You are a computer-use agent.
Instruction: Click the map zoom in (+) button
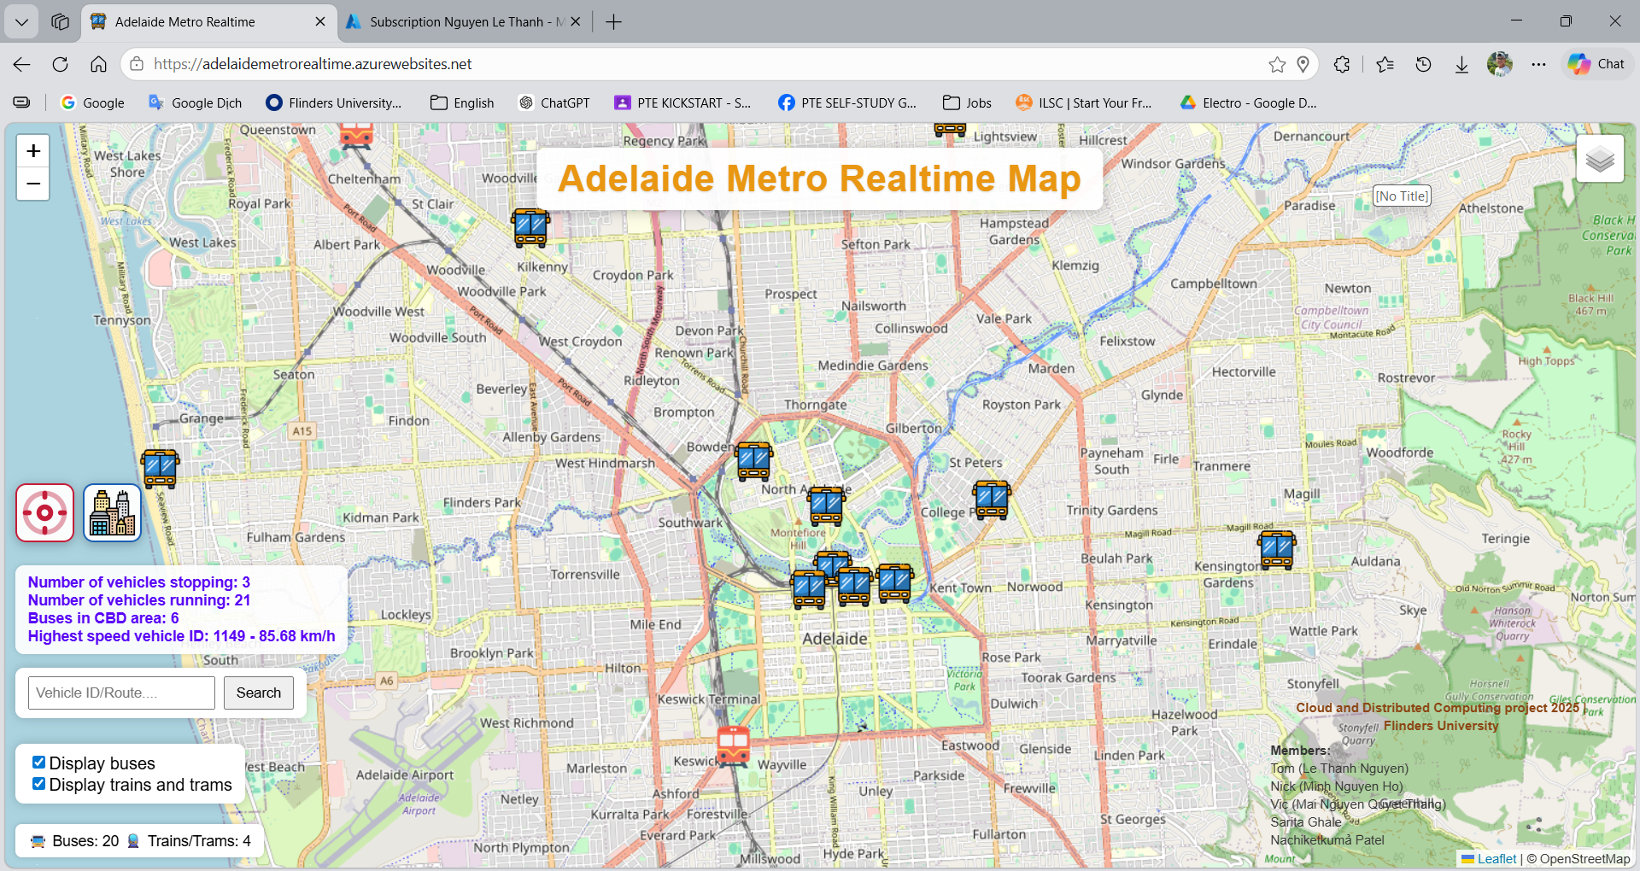click(33, 151)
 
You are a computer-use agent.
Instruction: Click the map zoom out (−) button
click(33, 184)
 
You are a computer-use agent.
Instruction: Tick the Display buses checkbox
click(38, 763)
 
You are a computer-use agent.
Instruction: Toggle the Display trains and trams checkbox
click(38, 784)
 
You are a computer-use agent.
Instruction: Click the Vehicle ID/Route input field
click(121, 693)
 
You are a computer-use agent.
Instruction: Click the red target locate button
click(44, 512)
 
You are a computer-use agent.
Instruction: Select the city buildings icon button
click(112, 512)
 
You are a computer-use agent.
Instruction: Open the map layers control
click(1600, 159)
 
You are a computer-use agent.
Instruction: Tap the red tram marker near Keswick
click(733, 746)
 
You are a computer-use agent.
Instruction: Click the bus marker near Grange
click(161, 468)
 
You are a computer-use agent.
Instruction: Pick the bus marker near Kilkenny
click(530, 227)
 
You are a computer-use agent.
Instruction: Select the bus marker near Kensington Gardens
click(1277, 549)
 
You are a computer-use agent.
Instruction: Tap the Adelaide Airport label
click(405, 775)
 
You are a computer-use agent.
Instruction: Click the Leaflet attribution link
click(1496, 859)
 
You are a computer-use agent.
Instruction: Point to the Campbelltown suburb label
click(1213, 284)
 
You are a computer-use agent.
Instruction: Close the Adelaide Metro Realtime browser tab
click(320, 22)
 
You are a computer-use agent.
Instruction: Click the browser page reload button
click(60, 64)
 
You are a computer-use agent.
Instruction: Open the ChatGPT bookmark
click(554, 102)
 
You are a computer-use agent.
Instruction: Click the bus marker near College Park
click(992, 500)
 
